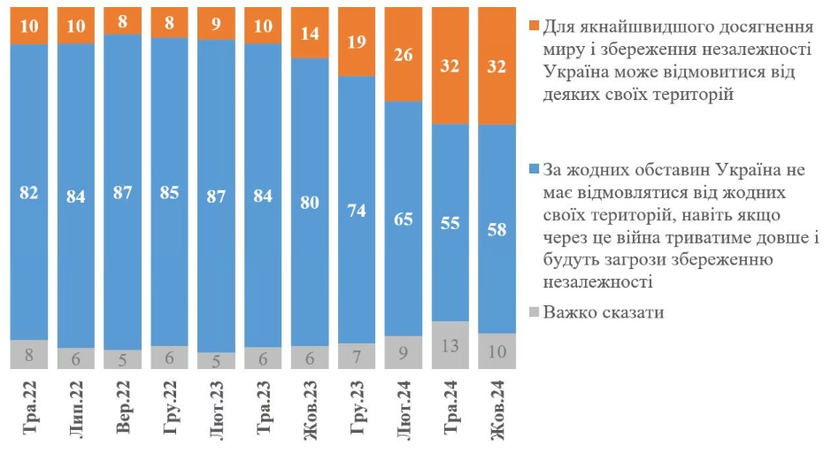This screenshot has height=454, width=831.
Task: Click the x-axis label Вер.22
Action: pos(124,410)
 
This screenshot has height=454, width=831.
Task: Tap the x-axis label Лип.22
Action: pos(77,410)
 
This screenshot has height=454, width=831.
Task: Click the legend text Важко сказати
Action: pos(604,312)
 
